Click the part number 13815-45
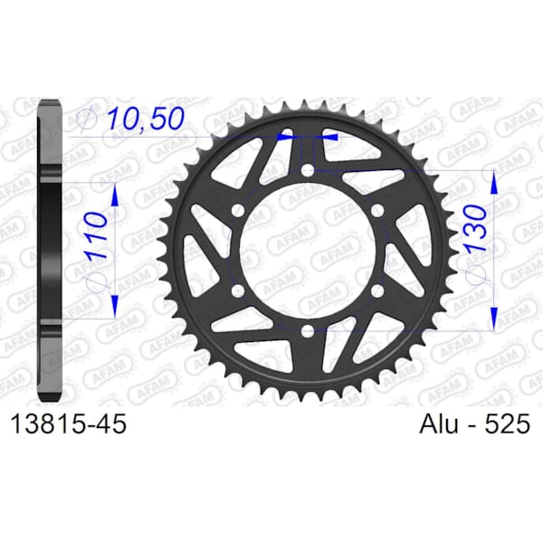(69, 424)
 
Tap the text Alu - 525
(474, 424)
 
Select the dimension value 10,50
(146, 119)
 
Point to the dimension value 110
(94, 235)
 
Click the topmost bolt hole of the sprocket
(307, 170)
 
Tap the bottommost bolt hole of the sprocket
(307, 331)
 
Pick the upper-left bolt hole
(237, 210)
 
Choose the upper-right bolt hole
(377, 210)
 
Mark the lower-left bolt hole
(237, 291)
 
